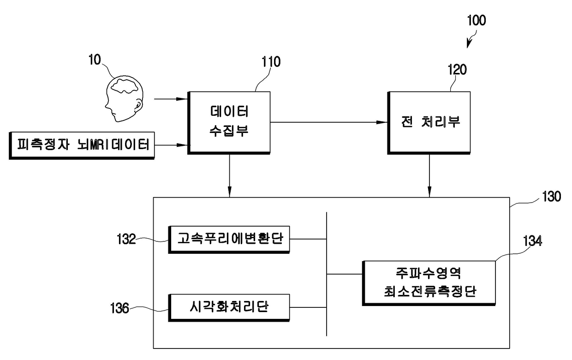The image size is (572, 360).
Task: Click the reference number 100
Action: click(476, 20)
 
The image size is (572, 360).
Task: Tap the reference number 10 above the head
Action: click(95, 60)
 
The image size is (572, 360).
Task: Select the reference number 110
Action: click(271, 62)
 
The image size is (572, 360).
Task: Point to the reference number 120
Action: click(457, 70)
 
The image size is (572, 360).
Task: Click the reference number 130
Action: click(552, 197)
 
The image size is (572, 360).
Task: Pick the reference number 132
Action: click(126, 240)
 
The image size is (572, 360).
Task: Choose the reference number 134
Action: click(533, 241)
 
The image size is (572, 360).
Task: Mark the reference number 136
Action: click(119, 308)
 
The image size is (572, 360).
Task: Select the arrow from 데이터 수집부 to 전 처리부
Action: click(329, 122)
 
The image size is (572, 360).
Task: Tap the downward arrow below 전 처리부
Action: click(429, 176)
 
